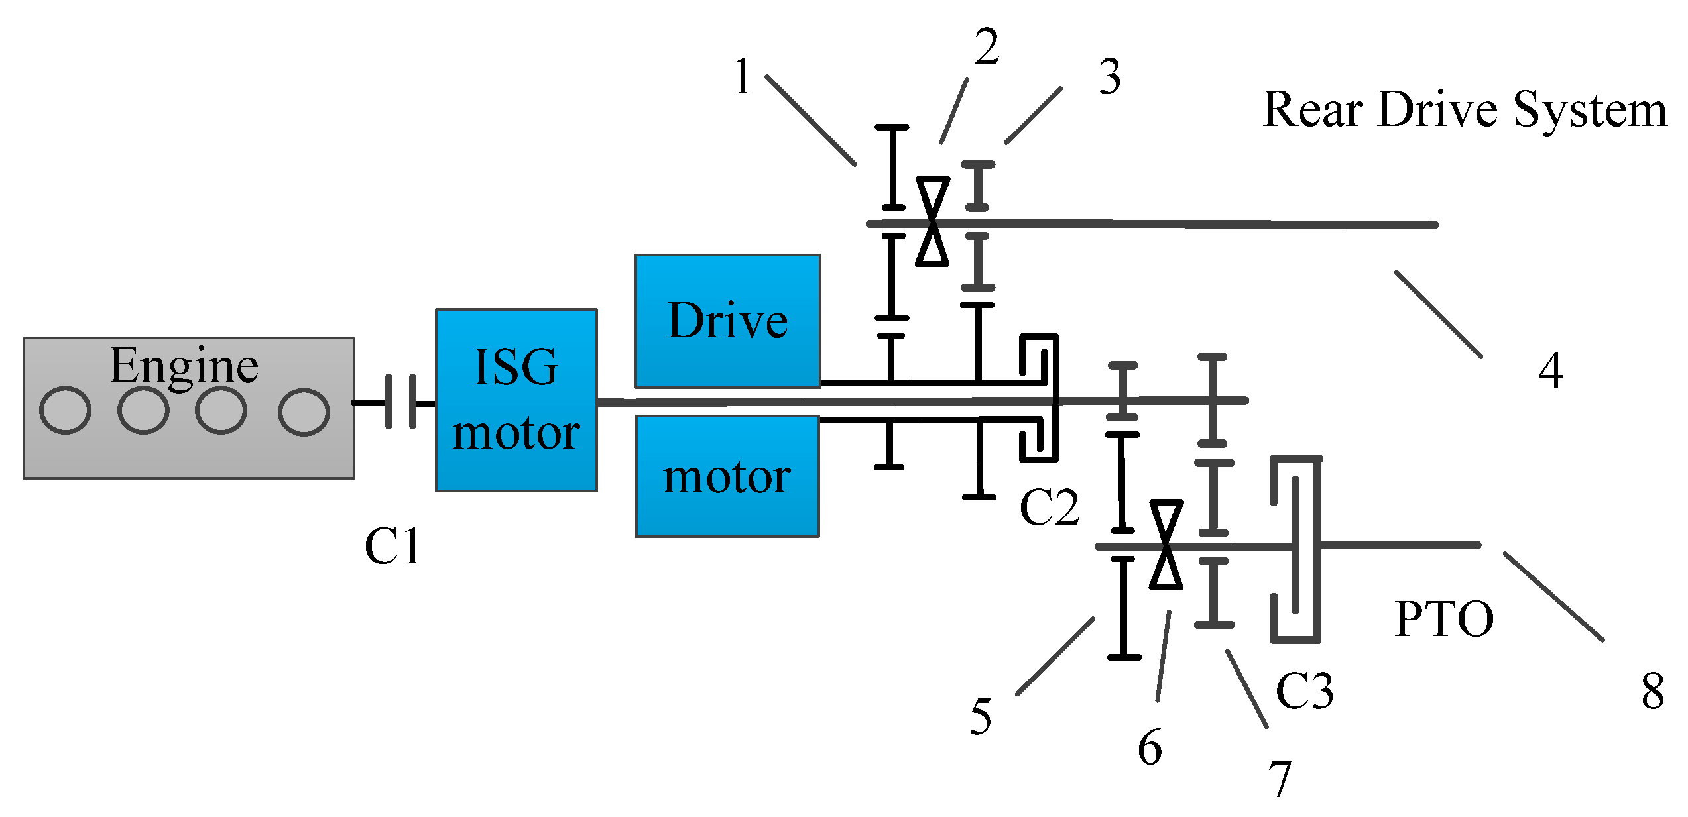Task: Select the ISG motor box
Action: click(516, 400)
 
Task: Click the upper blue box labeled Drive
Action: click(727, 321)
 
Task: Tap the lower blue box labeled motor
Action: click(727, 476)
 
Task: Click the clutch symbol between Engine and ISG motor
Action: click(400, 402)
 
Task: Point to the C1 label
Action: click(392, 547)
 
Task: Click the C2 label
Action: click(1049, 508)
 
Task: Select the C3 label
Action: click(1303, 690)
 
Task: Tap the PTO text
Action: click(1444, 619)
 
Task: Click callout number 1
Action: click(743, 77)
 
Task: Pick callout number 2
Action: click(987, 48)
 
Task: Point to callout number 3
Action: click(1110, 77)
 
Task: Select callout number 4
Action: click(1550, 370)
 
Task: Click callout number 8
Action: click(1653, 690)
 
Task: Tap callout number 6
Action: click(1150, 747)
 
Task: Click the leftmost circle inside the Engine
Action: click(65, 410)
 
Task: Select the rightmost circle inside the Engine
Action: click(304, 411)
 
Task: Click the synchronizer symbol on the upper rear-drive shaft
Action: click(932, 221)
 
